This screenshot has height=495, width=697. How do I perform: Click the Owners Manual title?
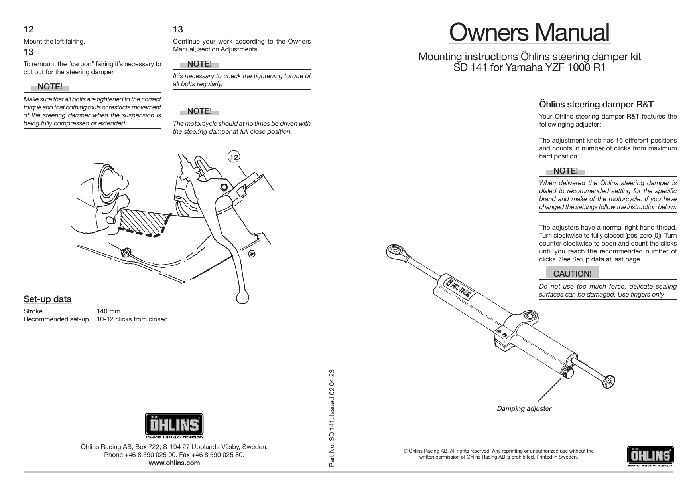coord(529,33)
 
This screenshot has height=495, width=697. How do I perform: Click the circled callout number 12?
coord(234,157)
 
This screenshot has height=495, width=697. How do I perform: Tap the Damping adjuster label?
coord(524,408)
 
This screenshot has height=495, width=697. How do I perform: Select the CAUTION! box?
coord(572,273)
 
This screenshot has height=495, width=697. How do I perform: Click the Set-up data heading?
coord(47,299)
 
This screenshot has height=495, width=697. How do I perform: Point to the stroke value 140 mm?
coord(108,311)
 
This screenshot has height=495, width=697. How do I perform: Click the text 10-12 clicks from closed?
coord(132,319)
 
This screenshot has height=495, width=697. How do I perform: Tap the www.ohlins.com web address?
coord(174,463)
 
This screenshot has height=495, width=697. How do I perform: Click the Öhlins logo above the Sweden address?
coord(174,426)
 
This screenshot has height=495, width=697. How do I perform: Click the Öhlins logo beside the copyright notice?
coord(650,456)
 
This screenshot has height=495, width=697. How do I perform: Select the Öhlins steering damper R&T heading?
coord(596,105)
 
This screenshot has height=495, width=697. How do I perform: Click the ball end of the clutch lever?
coord(242,297)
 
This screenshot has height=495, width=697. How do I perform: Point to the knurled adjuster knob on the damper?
coord(569,373)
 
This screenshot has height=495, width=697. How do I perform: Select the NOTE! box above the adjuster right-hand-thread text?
coord(565,171)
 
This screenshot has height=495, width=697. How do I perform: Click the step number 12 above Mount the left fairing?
coord(28,30)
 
